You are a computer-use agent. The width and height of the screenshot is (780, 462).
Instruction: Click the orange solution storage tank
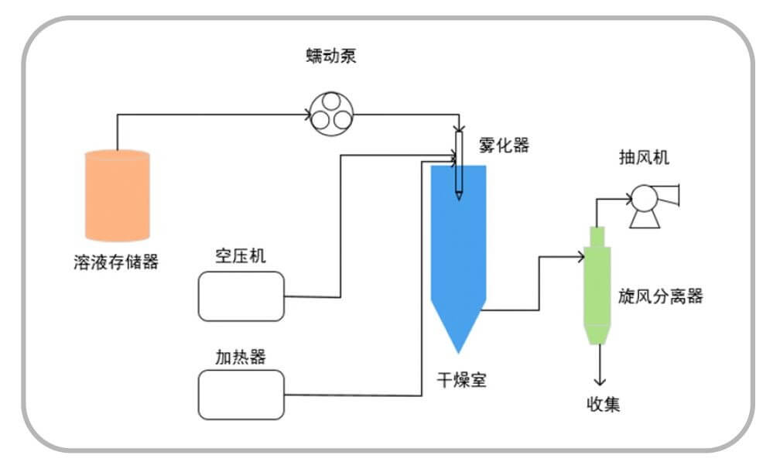(x=117, y=195)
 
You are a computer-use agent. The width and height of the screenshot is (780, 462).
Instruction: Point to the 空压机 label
(x=241, y=256)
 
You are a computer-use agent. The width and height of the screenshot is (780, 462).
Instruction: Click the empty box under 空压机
(x=241, y=296)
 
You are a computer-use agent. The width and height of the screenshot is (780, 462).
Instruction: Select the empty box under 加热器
(x=241, y=395)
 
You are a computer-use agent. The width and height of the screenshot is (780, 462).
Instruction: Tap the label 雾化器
(x=504, y=145)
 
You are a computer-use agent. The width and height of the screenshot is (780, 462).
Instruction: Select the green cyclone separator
(x=597, y=286)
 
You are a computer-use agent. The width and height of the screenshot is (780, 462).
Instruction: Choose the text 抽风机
(x=644, y=158)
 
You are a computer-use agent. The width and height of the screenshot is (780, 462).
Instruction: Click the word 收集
(x=601, y=403)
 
